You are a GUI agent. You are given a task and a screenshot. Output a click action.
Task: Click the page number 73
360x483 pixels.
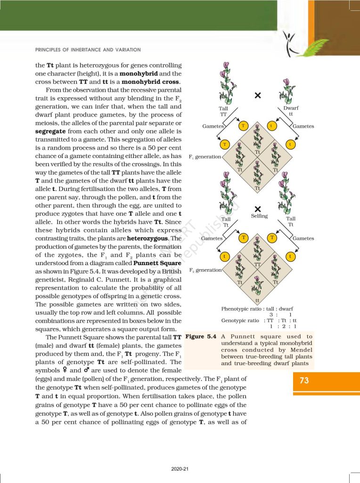(304, 381)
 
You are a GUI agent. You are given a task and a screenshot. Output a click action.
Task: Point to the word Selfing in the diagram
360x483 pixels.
(259, 216)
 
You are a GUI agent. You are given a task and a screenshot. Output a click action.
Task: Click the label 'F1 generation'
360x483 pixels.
(205, 156)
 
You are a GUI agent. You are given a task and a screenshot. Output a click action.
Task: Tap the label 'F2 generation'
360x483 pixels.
(205, 270)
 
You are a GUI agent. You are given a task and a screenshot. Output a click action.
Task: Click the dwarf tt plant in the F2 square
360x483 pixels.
(257, 288)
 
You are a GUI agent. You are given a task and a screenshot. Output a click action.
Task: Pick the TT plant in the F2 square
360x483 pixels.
(257, 250)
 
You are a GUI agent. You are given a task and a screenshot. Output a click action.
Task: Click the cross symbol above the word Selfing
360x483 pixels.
(258, 208)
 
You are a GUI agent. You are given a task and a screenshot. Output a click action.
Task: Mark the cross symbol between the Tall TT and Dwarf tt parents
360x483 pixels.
(258, 96)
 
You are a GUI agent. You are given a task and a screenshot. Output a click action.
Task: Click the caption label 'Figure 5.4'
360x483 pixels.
(201, 337)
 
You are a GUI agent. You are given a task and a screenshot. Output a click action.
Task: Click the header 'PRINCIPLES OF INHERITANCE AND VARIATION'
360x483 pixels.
(88, 50)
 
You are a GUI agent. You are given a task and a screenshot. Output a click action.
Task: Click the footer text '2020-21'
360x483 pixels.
(180, 468)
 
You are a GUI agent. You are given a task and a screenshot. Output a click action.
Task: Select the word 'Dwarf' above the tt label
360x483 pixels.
(291, 108)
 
